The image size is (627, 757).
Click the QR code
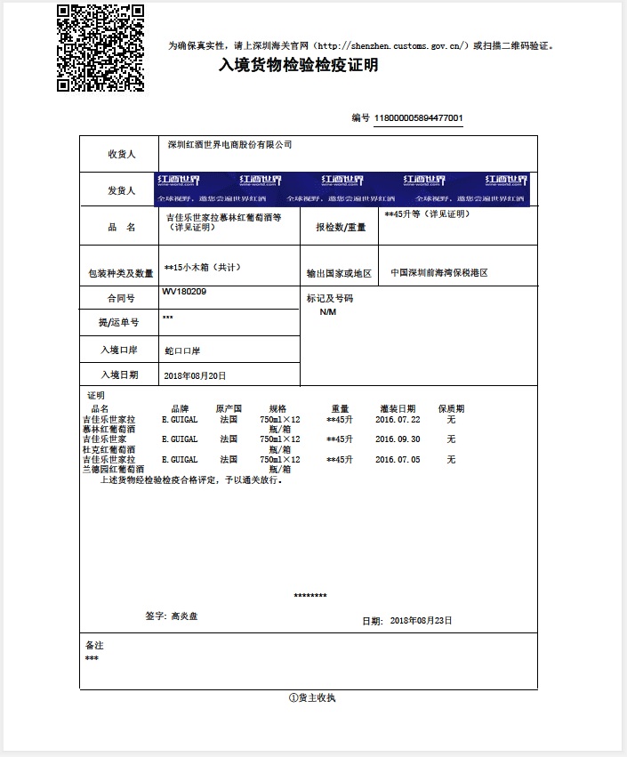click(x=100, y=48)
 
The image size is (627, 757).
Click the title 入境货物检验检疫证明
click(x=299, y=65)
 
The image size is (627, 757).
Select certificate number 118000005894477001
click(x=419, y=118)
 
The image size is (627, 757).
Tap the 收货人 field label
click(x=121, y=155)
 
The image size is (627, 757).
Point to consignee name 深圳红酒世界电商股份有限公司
click(x=230, y=144)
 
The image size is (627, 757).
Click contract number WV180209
click(x=183, y=292)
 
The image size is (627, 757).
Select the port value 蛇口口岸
click(x=182, y=351)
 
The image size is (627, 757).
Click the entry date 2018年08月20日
click(x=196, y=376)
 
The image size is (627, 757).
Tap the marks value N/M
click(x=328, y=312)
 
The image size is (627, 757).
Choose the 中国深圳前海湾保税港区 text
click(x=439, y=273)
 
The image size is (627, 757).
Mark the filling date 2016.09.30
click(x=398, y=439)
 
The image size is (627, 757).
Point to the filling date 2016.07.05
click(x=398, y=460)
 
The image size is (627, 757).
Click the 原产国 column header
click(x=229, y=408)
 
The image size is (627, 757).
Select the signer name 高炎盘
click(x=185, y=616)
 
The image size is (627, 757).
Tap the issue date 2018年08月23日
click(x=422, y=620)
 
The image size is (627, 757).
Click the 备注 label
click(x=94, y=645)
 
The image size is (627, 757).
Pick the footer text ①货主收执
click(x=311, y=698)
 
